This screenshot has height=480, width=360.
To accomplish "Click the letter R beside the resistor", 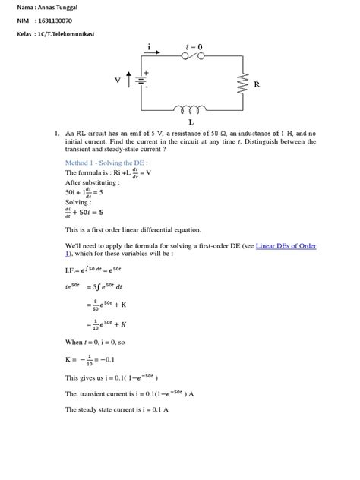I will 257,85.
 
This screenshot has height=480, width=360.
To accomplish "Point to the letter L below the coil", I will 190,122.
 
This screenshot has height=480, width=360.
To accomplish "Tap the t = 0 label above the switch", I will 194,47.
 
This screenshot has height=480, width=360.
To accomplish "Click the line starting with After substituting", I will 93,183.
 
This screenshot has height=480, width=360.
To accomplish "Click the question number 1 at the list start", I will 57,134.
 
